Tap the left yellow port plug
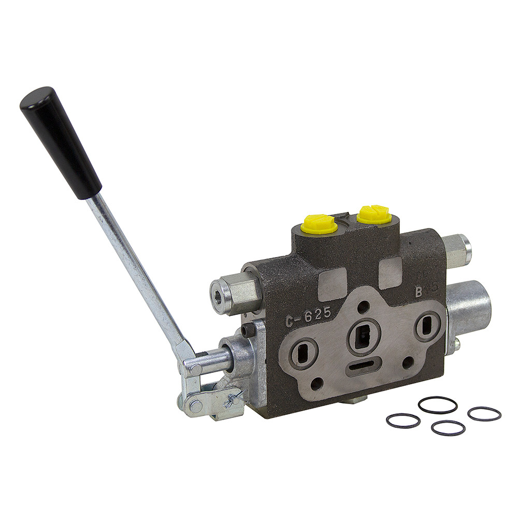tap(320, 224)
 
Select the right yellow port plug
tap(373, 214)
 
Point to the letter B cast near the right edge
tap(418, 291)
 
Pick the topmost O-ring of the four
tap(437, 405)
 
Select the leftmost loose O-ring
tap(402, 420)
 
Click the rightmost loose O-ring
tap(484, 413)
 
